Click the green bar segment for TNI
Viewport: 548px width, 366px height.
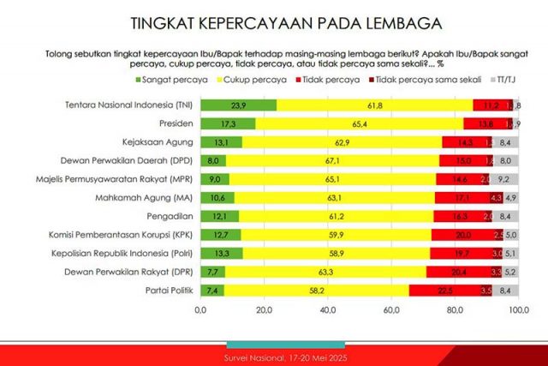point(239,104)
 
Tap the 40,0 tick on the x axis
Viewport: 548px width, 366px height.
point(328,309)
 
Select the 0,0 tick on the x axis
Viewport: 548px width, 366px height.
point(202,309)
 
